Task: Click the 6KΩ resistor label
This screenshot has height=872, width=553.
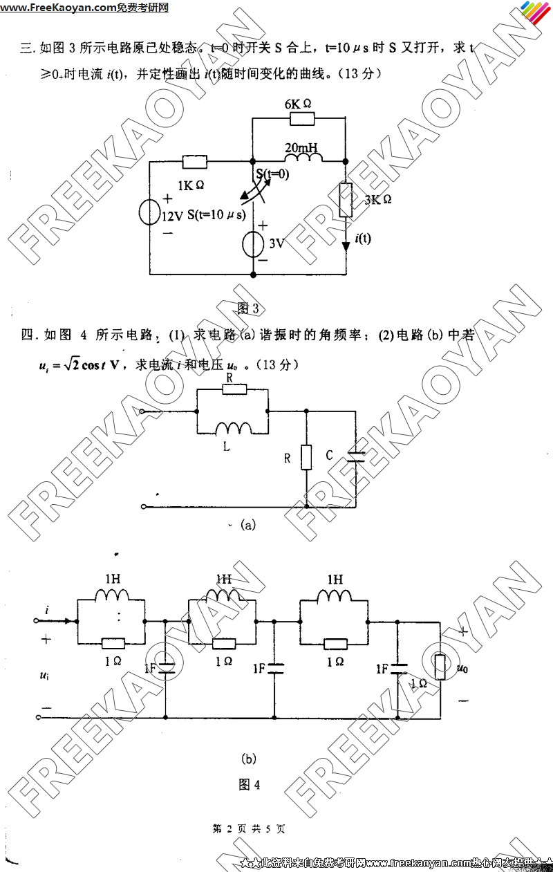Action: click(x=298, y=103)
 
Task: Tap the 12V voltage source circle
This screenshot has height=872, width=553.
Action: click(x=150, y=212)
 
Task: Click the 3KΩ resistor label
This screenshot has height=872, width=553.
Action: click(x=377, y=199)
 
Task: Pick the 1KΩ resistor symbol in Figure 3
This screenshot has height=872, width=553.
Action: click(x=195, y=163)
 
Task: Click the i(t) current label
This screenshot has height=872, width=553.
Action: click(x=362, y=239)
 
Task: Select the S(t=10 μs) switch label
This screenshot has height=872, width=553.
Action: click(x=216, y=215)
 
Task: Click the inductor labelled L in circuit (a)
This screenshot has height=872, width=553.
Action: click(x=233, y=429)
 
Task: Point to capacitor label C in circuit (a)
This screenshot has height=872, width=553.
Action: click(x=330, y=455)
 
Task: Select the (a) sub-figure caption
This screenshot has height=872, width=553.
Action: click(x=247, y=525)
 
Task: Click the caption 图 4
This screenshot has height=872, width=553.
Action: click(x=249, y=784)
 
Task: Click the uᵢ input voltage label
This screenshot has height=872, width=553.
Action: click(x=44, y=674)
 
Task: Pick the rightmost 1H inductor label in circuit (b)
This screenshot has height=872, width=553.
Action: click(x=335, y=579)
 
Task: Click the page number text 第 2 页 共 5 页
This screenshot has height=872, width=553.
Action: click(x=249, y=828)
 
